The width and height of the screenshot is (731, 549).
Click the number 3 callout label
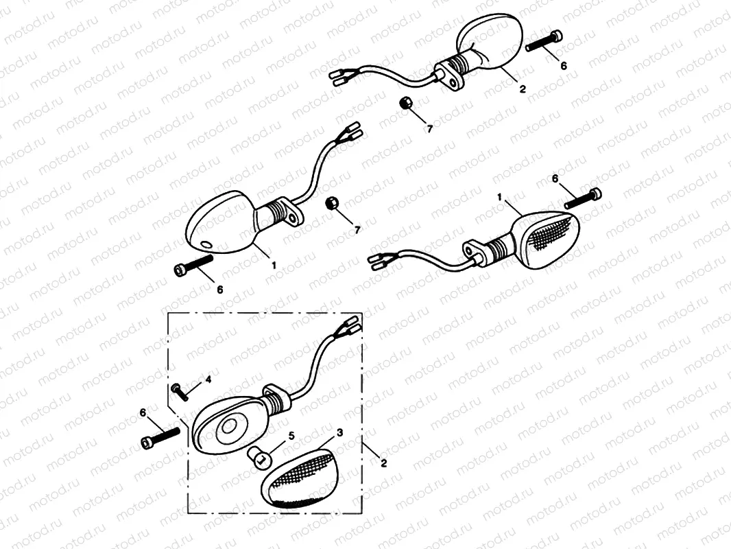[339, 433]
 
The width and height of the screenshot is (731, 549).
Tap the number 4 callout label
[208, 379]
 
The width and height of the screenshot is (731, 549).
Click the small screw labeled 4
[180, 391]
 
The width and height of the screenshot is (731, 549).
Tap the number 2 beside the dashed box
[383, 463]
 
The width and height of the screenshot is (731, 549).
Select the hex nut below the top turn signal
[405, 103]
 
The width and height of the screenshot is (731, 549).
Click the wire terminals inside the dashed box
[350, 326]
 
